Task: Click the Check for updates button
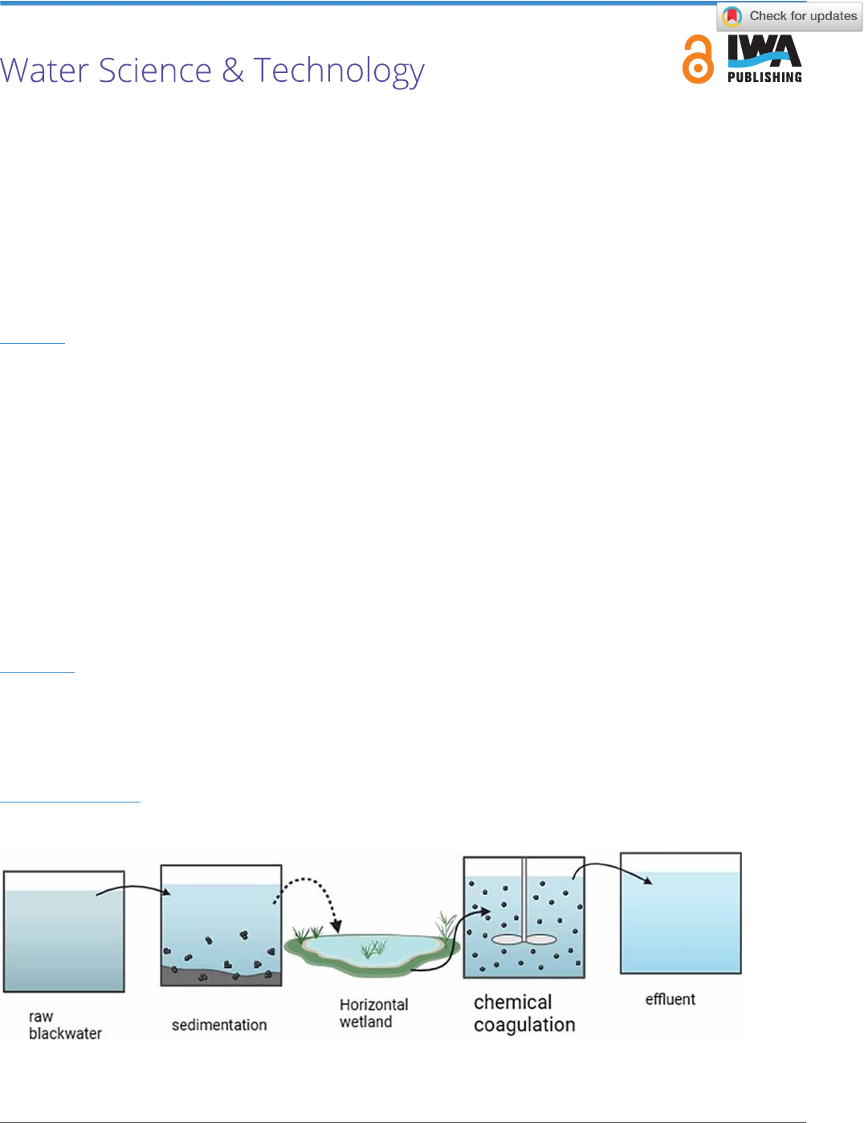click(x=789, y=16)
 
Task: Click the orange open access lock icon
click(x=698, y=60)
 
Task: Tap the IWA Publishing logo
click(x=764, y=59)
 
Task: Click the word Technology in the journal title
click(x=339, y=71)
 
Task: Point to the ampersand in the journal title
click(x=233, y=71)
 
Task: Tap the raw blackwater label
click(x=64, y=1025)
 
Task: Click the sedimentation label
click(x=219, y=1025)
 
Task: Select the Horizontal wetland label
click(x=373, y=1013)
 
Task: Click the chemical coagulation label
click(x=524, y=1014)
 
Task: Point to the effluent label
click(x=670, y=999)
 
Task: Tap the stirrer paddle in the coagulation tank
click(x=524, y=938)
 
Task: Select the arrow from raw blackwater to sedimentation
click(x=132, y=888)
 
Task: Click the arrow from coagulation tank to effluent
click(x=610, y=868)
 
